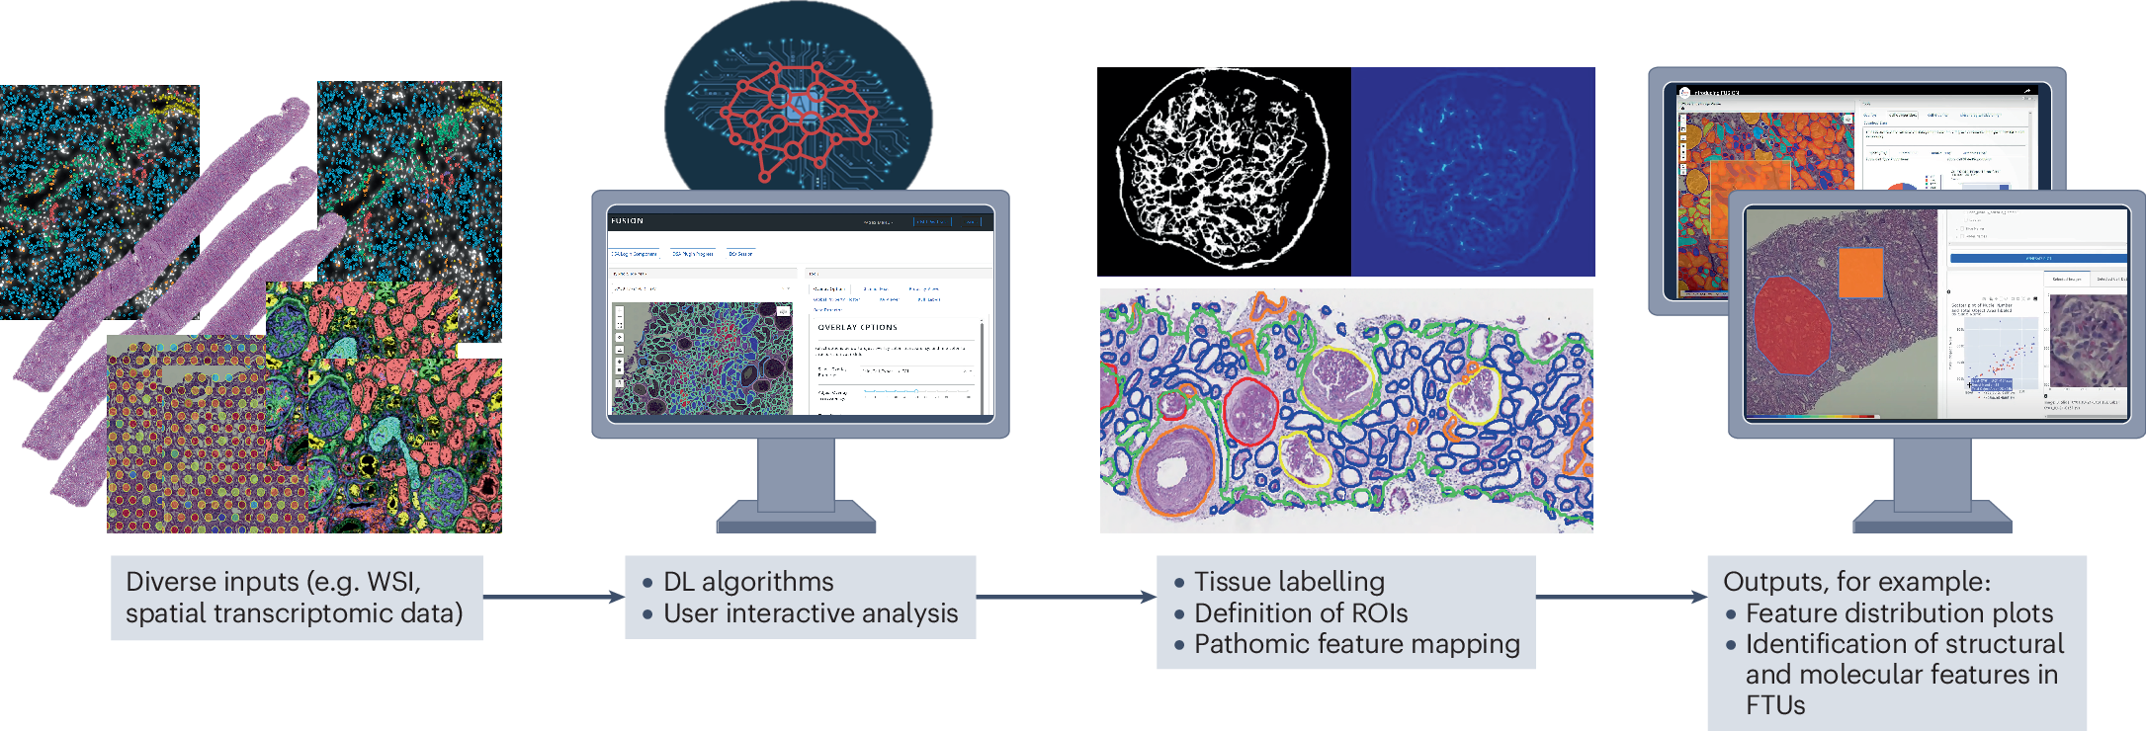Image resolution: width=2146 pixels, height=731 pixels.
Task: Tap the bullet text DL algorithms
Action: (748, 582)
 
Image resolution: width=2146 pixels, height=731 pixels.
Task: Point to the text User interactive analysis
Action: (811, 613)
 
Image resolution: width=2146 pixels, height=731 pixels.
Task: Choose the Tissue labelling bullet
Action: (1289, 582)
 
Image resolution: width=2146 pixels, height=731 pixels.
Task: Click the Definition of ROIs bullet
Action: (1301, 613)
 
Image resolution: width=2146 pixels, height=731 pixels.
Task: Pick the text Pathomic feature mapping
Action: (1356, 644)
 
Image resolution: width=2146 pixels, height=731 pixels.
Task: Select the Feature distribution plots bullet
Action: (1899, 613)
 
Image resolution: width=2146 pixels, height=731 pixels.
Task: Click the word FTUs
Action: (1775, 705)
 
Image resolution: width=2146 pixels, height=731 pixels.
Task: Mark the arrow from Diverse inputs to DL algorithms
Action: (554, 597)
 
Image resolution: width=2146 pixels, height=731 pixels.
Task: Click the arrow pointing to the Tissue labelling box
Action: (1066, 597)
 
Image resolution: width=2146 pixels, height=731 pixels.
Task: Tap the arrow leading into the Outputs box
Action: (1621, 597)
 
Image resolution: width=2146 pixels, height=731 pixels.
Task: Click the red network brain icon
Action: (798, 114)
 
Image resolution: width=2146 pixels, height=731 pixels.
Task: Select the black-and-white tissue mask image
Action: (1224, 171)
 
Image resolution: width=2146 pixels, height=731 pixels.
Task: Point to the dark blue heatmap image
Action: (1473, 171)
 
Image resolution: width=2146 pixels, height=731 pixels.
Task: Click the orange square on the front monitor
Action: (1861, 273)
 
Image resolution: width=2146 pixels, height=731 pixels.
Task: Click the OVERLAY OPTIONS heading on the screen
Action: (858, 327)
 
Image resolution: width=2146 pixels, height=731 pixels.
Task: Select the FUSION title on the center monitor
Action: (627, 221)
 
